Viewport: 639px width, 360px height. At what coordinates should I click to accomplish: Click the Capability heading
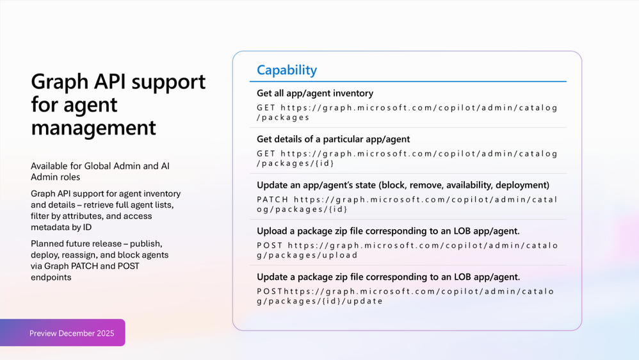pyautogui.click(x=286, y=70)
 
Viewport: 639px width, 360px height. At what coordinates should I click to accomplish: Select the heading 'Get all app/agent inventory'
pyautogui.click(x=314, y=94)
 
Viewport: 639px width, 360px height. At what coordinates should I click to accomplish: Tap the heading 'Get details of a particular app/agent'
pyautogui.click(x=333, y=139)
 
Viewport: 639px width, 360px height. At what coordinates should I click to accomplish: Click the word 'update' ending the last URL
pyautogui.click(x=366, y=301)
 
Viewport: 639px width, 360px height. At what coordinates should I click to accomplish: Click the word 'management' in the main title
pyautogui.click(x=93, y=127)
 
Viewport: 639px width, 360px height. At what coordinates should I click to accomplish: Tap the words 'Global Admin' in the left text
pyautogui.click(x=114, y=166)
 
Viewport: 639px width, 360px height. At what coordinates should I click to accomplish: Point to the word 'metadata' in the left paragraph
pyautogui.click(x=51, y=227)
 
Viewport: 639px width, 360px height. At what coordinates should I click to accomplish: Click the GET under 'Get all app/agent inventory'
pyautogui.click(x=266, y=108)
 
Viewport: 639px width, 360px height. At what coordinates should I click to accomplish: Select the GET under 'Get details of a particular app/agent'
pyautogui.click(x=266, y=154)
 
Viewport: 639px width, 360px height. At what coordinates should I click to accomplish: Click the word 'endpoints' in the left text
pyautogui.click(x=51, y=277)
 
